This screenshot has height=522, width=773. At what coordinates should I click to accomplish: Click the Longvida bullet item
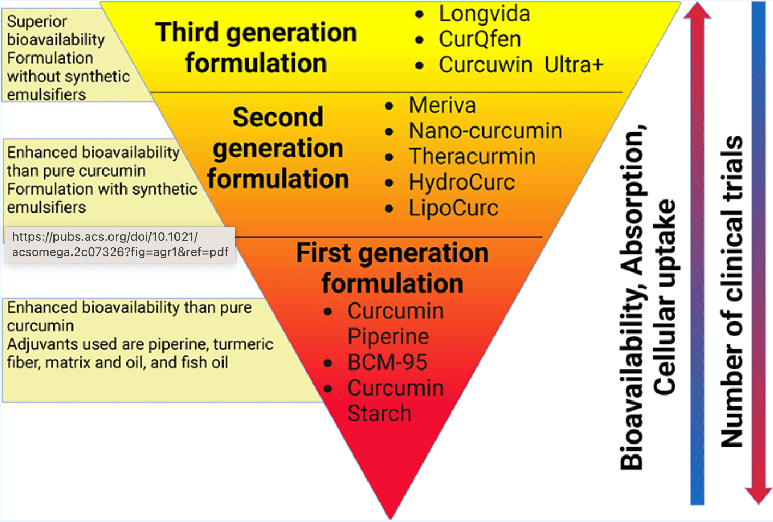pos(484,14)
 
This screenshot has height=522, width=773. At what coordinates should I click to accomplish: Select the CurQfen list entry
pos(480,39)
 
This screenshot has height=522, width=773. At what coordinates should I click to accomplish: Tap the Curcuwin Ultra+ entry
pos(521,65)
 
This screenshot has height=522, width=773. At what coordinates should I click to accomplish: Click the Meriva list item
pos(442,105)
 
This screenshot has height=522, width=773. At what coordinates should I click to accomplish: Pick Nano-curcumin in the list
pos(485,131)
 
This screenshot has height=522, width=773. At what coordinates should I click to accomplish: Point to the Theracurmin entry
pos(472,156)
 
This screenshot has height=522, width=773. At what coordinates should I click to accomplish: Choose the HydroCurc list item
pos(462,182)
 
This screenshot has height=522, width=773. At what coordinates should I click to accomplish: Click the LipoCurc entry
pos(454,208)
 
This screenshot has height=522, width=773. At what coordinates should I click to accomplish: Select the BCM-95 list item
pos(388,362)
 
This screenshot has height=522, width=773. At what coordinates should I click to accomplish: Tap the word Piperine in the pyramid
pos(388,337)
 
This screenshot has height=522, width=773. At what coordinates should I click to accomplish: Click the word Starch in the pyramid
pos(379,414)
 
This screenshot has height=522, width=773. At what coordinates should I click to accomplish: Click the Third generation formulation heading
pos(256,48)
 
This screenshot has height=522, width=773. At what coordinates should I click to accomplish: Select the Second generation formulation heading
pos(278,148)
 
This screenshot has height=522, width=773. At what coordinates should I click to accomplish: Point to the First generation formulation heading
pos(392,268)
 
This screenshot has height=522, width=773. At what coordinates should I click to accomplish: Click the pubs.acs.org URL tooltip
pos(120,244)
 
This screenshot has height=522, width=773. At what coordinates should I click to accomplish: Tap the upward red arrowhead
pos(697,11)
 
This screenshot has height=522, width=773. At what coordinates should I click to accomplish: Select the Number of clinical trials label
pos(732,292)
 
